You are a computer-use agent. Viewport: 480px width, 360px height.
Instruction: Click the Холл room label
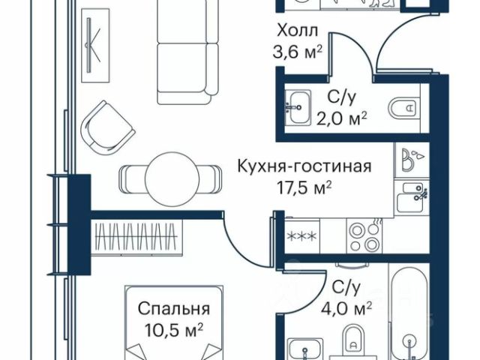click(298, 32)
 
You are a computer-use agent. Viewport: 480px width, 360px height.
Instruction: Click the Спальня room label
click(172, 308)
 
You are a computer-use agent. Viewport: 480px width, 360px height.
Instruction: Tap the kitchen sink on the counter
click(412, 196)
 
